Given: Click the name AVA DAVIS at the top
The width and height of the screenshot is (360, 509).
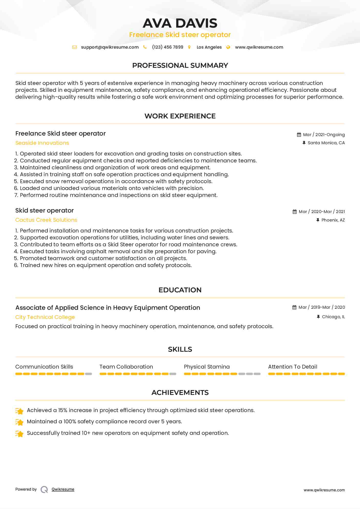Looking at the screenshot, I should pyautogui.click(x=180, y=23).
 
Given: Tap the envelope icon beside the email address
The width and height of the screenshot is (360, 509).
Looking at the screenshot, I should pyautogui.click(x=74, y=47).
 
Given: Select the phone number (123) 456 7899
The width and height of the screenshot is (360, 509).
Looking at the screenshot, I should pyautogui.click(x=168, y=47).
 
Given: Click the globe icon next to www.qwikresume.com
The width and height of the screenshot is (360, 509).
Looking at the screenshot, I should pyautogui.click(x=228, y=47).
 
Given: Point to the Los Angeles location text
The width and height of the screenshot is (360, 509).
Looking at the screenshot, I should pyautogui.click(x=209, y=47).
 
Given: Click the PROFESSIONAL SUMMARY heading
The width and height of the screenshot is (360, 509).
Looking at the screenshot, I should pyautogui.click(x=180, y=65).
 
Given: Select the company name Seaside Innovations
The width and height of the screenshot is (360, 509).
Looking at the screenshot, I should pyautogui.click(x=42, y=143).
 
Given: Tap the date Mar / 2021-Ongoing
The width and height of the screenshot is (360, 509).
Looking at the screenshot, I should pyautogui.click(x=324, y=135).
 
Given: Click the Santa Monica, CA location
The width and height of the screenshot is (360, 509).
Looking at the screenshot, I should pyautogui.click(x=326, y=143).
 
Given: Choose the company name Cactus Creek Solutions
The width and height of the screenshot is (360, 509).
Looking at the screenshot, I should pyautogui.click(x=46, y=220).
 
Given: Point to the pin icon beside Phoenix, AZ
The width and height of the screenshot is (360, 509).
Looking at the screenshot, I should pyautogui.click(x=318, y=220).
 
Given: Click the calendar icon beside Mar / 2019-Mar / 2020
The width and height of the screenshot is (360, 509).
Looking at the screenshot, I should pyautogui.click(x=294, y=307).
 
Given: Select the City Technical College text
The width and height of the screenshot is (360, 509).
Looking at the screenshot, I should pyautogui.click(x=45, y=317).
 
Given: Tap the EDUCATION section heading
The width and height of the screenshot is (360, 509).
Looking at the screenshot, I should pyautogui.click(x=180, y=290).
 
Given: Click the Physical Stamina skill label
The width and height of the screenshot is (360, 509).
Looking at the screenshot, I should pyautogui.click(x=207, y=367).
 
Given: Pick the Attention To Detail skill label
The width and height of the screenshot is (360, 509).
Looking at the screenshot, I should pyautogui.click(x=292, y=367).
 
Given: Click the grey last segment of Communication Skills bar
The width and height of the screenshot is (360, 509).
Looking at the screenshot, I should pyautogui.click(x=89, y=374).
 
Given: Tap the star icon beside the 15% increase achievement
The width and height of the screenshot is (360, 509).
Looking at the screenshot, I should pyautogui.click(x=19, y=411).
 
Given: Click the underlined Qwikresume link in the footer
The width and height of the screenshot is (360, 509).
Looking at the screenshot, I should pyautogui.click(x=63, y=489).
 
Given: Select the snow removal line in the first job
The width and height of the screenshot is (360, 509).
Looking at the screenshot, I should pyautogui.click(x=116, y=181).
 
